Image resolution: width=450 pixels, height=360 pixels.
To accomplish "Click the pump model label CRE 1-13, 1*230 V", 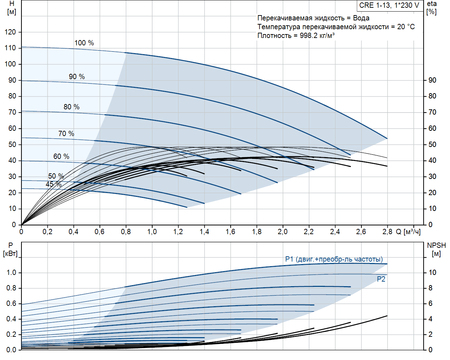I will (x=389, y=5).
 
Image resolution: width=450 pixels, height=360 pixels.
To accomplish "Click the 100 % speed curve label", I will (x=84, y=43).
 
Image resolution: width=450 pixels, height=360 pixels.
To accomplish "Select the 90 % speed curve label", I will (x=77, y=77).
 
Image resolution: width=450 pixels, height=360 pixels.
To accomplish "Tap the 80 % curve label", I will (x=71, y=107).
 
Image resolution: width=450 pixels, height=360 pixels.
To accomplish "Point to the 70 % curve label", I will (x=66, y=134).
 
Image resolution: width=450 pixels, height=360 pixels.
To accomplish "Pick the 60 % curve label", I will (x=61, y=156).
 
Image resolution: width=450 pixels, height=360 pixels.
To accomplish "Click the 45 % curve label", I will (x=53, y=184).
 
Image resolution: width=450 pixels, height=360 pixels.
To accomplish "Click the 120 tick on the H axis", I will (x=10, y=32).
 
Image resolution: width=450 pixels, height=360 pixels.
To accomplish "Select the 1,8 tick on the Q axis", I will (x=257, y=232).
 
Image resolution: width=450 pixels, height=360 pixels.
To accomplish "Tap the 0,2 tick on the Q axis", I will (x=47, y=232).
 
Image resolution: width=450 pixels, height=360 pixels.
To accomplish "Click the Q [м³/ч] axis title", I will (x=408, y=232).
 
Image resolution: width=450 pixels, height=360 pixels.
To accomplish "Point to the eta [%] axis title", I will (x=432, y=7).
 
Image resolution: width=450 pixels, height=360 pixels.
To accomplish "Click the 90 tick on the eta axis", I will (x=432, y=80).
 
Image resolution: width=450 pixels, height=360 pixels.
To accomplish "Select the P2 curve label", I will (x=381, y=279).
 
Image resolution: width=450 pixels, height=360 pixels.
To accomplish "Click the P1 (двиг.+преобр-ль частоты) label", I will (x=334, y=259).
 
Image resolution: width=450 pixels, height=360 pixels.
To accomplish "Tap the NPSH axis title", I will (x=436, y=249).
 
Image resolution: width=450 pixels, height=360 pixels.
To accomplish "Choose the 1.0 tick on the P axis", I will (x=12, y=272).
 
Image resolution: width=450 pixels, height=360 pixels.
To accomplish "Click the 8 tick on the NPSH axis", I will (x=430, y=288).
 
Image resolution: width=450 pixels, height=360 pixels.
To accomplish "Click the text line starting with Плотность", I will (x=296, y=36).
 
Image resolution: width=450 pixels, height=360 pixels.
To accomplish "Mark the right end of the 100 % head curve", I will (x=387, y=139).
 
